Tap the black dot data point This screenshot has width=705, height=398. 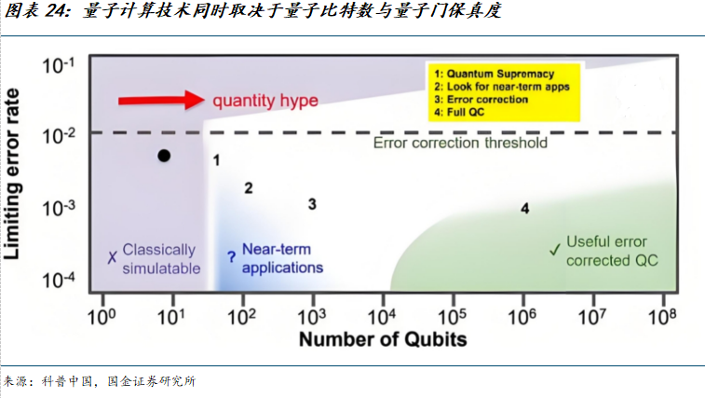tap(164, 156)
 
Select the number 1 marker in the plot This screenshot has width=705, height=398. tap(216, 160)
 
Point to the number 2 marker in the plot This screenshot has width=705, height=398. tap(249, 188)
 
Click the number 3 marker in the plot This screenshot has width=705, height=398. tap(313, 204)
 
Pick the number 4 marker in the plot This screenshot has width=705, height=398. tap(524, 209)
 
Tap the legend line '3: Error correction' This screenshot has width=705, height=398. tap(480, 99)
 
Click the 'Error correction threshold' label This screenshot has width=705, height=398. tap(460, 144)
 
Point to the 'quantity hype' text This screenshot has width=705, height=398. tap(265, 101)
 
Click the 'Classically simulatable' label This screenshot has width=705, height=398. tap(160, 259)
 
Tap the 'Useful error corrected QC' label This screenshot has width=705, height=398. tap(611, 252)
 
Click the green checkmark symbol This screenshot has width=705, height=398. tap(554, 249)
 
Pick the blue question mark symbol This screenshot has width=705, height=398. tap(231, 258)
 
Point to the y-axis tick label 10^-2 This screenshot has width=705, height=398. tap(62, 137)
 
